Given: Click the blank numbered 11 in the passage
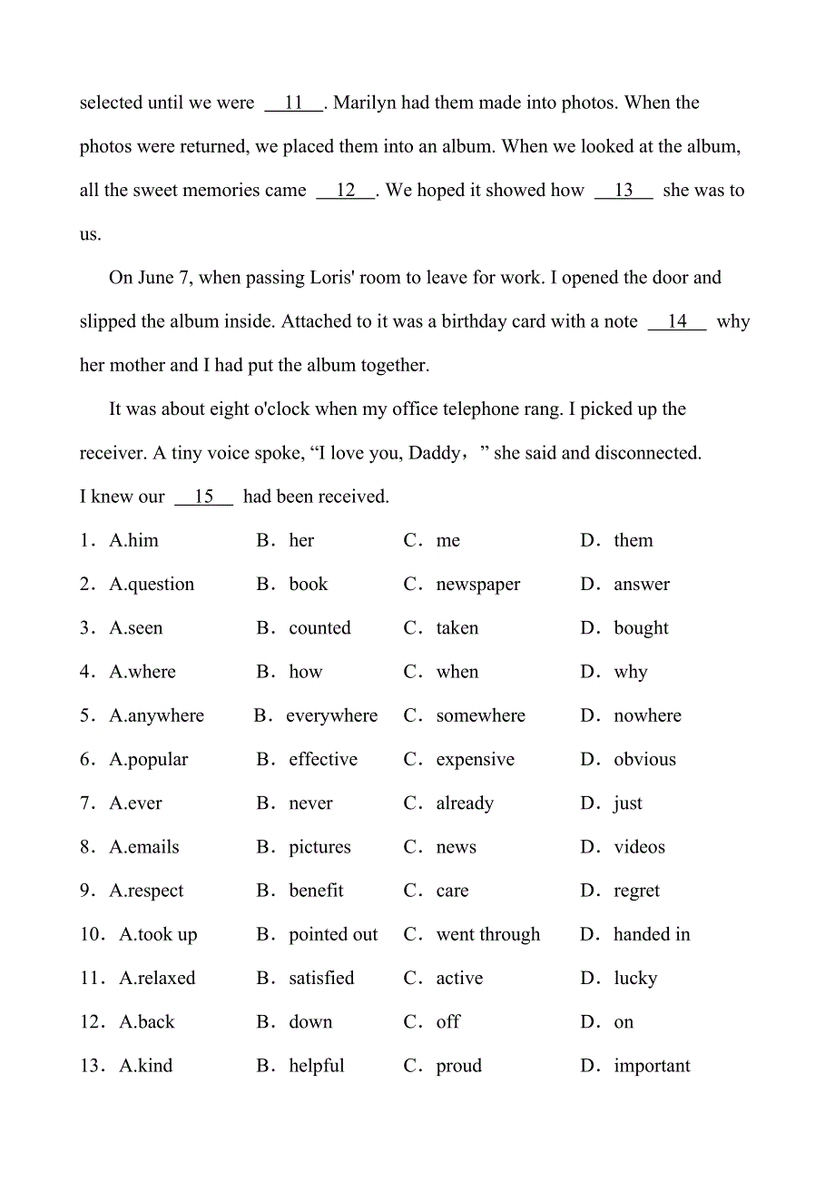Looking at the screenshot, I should (x=293, y=103).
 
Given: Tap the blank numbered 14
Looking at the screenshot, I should (x=677, y=322).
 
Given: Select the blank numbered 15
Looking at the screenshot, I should (x=203, y=497).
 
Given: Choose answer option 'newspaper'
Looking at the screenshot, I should (x=477, y=585).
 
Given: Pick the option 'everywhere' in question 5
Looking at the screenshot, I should (x=331, y=716).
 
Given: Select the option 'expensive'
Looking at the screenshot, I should (x=475, y=760).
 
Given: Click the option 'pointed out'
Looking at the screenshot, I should (x=333, y=935).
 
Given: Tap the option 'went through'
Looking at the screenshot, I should (x=487, y=935).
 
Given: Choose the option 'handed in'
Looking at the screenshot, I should (x=652, y=935).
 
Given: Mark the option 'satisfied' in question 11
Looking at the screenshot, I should (x=321, y=979).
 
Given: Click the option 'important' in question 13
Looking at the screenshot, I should (x=652, y=1067).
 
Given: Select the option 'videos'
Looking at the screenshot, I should (x=639, y=848).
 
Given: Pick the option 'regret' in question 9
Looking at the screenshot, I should (x=636, y=891).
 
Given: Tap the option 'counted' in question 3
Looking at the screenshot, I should (x=319, y=628).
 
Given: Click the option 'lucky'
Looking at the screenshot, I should (x=635, y=979).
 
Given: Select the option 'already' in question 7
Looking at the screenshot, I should (x=465, y=803).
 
